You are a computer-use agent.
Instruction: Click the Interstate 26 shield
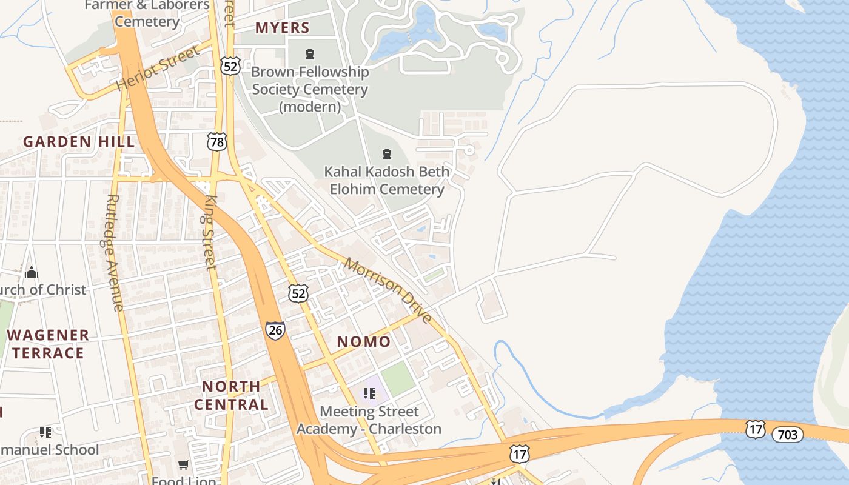pyautogui.click(x=275, y=330)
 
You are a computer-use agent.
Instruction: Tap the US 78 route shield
pyautogui.click(x=216, y=142)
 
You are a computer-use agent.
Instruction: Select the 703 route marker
pyautogui.click(x=787, y=434)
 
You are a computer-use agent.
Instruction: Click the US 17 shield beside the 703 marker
pyautogui.click(x=756, y=429)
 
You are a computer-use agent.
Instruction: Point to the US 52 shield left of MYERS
pyautogui.click(x=230, y=65)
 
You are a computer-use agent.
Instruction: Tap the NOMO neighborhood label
pyautogui.click(x=364, y=342)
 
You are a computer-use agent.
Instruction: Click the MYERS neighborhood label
pyautogui.click(x=282, y=28)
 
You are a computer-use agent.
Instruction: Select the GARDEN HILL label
pyautogui.click(x=79, y=142)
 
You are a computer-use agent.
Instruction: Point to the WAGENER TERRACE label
pyautogui.click(x=48, y=344)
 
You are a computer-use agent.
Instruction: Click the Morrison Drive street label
pyautogui.click(x=388, y=290)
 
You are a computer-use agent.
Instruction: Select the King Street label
pyautogui.click(x=210, y=232)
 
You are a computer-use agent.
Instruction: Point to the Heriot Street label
pyautogui.click(x=158, y=68)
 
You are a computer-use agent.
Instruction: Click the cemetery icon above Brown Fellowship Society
pyautogui.click(x=310, y=54)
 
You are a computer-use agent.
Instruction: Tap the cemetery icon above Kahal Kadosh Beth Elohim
pyautogui.click(x=387, y=154)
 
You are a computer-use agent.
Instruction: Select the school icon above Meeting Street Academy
pyautogui.click(x=369, y=393)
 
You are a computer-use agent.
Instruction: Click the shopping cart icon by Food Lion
pyautogui.click(x=184, y=465)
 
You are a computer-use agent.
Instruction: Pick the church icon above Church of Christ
pyautogui.click(x=32, y=272)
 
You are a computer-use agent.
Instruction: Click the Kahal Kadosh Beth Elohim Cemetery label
pyautogui.click(x=387, y=180)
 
